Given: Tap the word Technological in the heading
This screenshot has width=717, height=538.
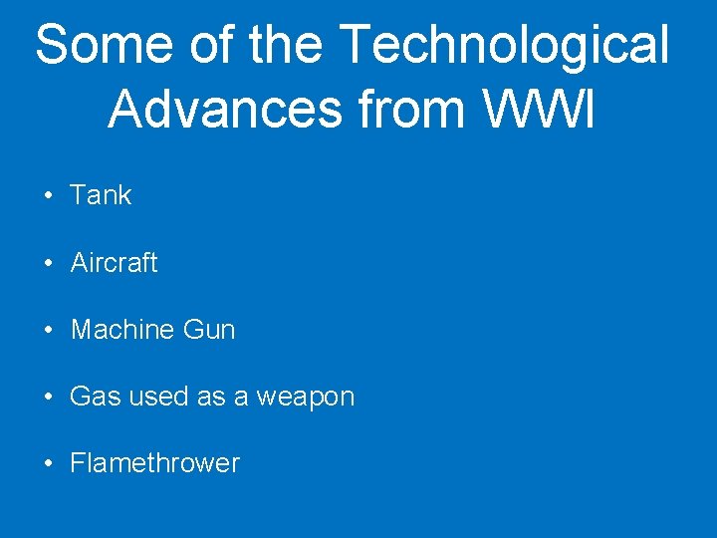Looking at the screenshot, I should click(x=504, y=46).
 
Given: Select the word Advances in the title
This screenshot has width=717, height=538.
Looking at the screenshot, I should click(x=224, y=110).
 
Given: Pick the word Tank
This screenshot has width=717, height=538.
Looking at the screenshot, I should click(x=101, y=195).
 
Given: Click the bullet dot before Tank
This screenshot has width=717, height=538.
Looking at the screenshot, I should click(x=49, y=196).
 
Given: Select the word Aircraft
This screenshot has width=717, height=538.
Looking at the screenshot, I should click(x=114, y=263).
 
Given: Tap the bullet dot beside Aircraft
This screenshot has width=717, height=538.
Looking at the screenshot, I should click(x=49, y=264).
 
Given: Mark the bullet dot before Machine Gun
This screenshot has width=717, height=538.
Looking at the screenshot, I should click(x=49, y=331).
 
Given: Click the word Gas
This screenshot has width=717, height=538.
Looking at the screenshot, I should click(x=92, y=397).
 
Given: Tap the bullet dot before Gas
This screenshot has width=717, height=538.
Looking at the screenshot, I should click(x=49, y=398).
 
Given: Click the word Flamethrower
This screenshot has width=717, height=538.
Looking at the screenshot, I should click(x=154, y=463).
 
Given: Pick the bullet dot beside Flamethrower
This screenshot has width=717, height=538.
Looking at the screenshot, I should click(x=49, y=464).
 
